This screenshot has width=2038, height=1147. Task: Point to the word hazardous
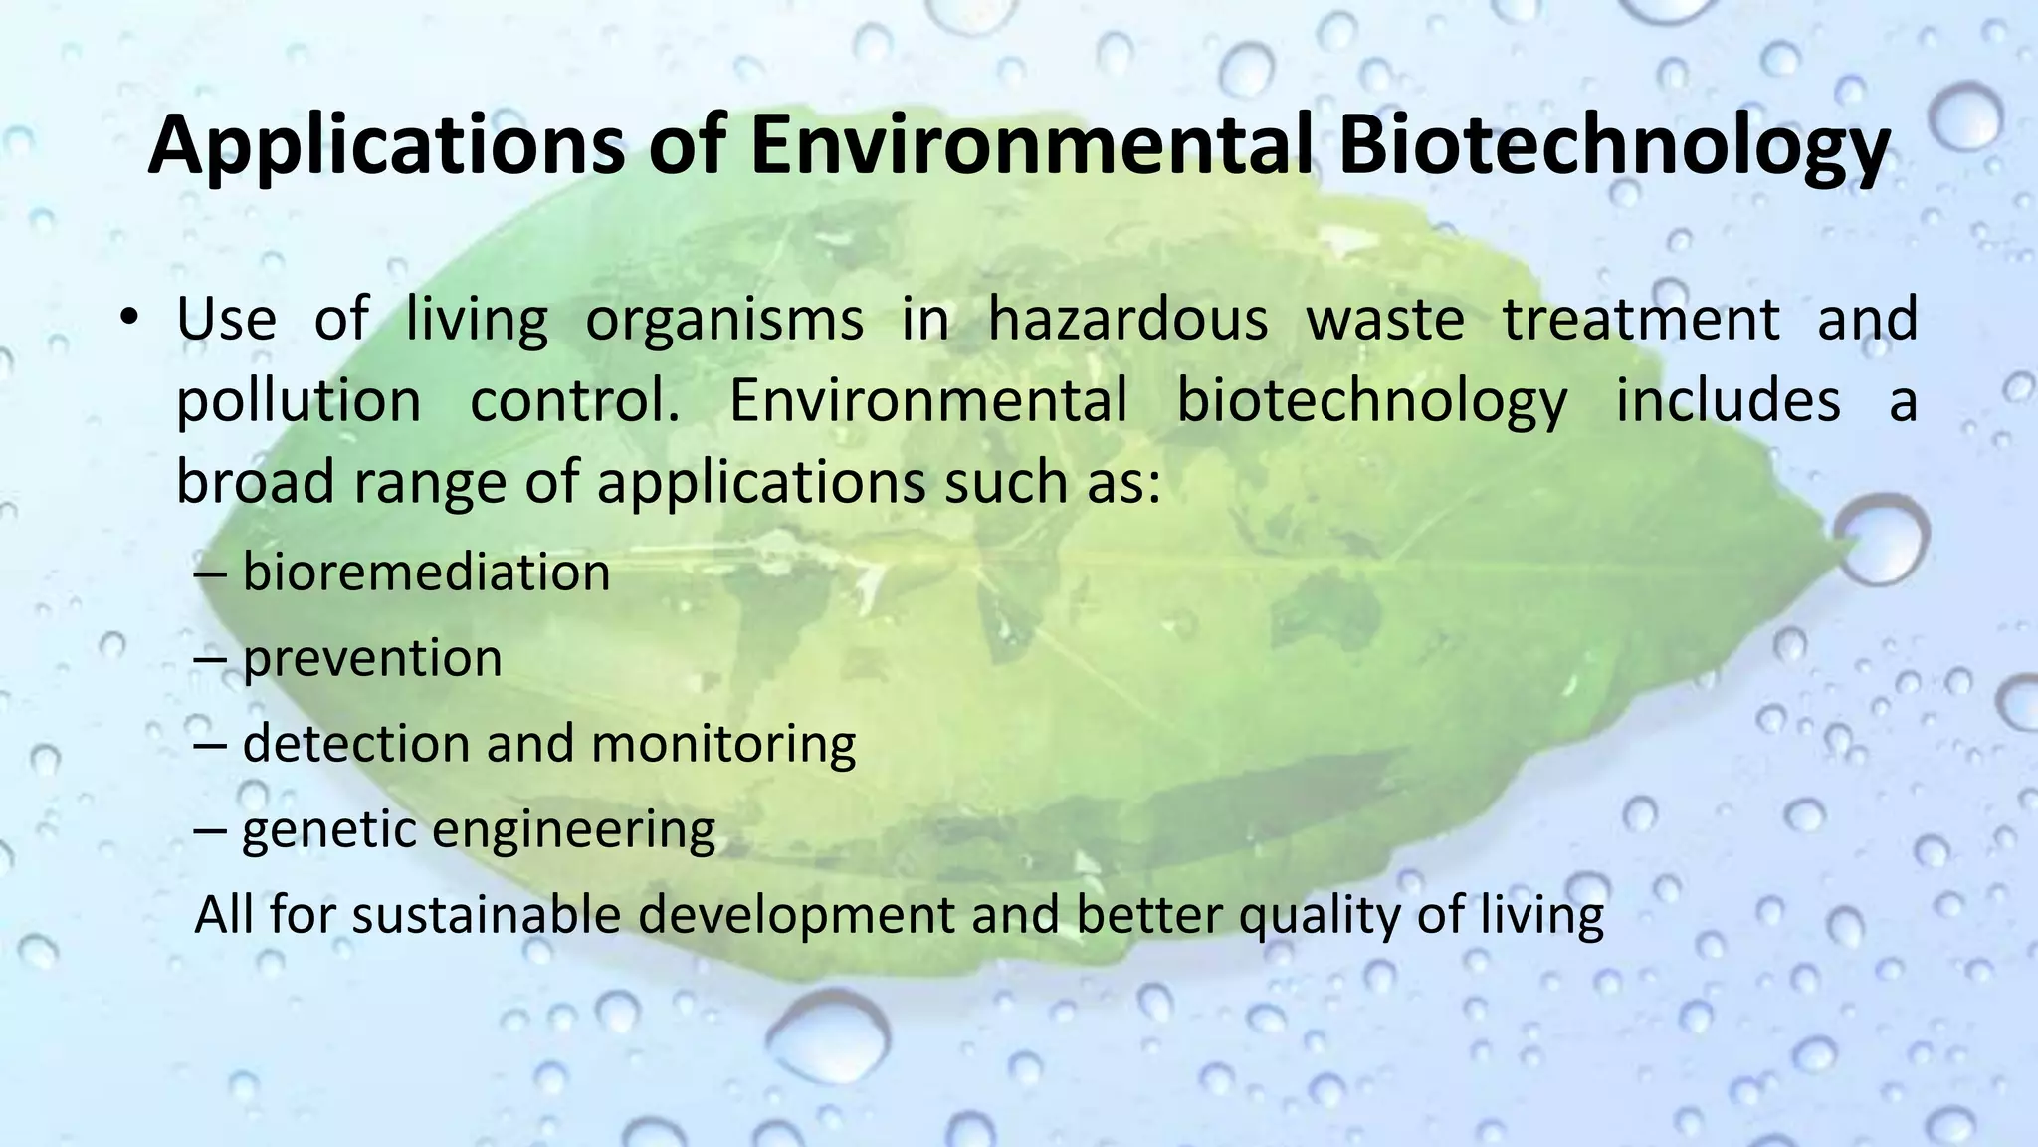point(1127,321)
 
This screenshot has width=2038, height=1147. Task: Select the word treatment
point(1641,321)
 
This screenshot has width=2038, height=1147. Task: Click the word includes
point(1727,400)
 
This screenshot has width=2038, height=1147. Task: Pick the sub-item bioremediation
point(426,573)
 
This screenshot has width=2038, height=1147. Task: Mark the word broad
point(255,484)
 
